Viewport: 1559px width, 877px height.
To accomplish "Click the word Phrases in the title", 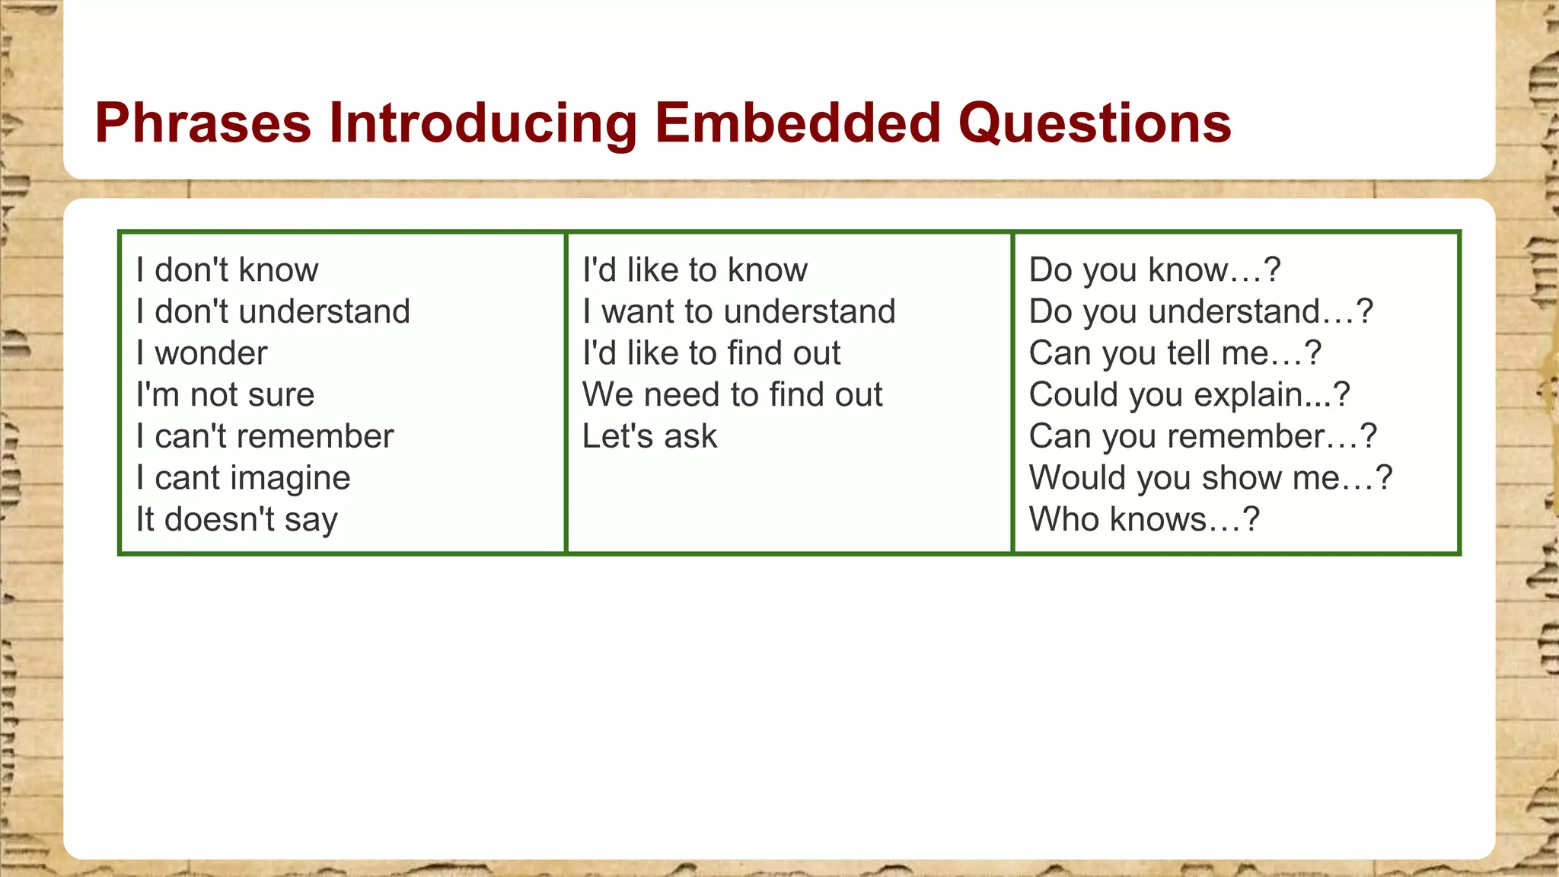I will [x=202, y=123].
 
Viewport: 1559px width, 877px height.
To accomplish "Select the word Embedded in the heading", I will [x=798, y=123].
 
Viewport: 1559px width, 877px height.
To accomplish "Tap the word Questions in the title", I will [x=1095, y=123].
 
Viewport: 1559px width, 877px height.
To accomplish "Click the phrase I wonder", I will [x=202, y=353].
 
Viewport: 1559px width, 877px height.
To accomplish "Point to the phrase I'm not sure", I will [x=225, y=395].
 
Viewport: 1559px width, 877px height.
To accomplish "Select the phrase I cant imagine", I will [x=244, y=478].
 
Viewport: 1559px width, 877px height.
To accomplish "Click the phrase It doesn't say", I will [x=237, y=520].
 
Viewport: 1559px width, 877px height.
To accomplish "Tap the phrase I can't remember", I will [x=265, y=436].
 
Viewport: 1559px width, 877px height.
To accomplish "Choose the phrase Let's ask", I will [x=649, y=436].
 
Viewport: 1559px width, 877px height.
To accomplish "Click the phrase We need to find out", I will [x=732, y=395].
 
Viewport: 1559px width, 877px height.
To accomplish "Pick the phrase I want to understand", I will [x=738, y=311].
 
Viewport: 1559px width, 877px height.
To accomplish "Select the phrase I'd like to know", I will [x=694, y=270].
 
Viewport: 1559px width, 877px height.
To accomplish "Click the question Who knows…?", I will [x=1144, y=520].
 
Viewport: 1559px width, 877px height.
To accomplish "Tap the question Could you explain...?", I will [x=1189, y=395].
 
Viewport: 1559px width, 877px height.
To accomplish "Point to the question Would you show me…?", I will [x=1210, y=478].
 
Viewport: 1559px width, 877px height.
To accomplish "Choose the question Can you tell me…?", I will [x=1175, y=353].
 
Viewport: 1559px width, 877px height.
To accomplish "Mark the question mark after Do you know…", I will [x=1272, y=270].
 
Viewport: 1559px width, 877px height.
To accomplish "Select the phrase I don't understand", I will [x=273, y=311].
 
